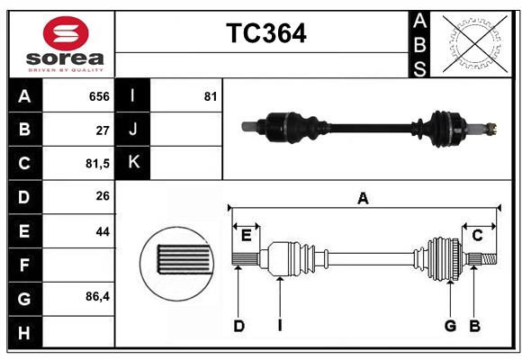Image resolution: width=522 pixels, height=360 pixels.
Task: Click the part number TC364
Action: click(265, 33)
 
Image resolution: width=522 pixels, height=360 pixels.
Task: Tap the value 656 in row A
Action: click(98, 96)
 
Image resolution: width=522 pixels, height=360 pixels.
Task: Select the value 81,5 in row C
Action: click(94, 164)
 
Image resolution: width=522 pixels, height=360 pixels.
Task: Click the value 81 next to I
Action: click(211, 96)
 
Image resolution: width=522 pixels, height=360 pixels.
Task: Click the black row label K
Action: click(133, 163)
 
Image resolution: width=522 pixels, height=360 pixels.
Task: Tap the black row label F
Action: click(23, 265)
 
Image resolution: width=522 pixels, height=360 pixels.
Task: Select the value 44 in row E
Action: click(102, 231)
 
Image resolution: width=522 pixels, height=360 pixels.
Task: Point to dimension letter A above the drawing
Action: click(363, 198)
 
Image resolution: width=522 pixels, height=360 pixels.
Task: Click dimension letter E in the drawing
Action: click(246, 236)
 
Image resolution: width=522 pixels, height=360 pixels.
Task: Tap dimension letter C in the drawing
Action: click(477, 236)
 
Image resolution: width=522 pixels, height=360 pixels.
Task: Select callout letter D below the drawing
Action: click(238, 326)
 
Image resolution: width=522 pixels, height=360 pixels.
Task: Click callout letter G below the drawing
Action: click(449, 326)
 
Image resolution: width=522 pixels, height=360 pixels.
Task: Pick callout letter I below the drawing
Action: click(280, 326)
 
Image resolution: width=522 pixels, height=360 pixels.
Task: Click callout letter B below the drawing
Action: click(474, 326)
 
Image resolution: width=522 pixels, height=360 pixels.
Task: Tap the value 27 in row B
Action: click(102, 130)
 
